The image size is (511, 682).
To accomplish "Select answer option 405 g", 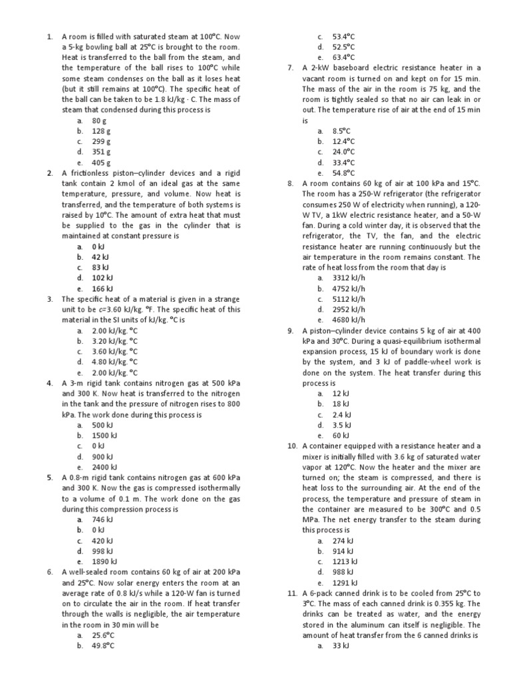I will tap(101, 162).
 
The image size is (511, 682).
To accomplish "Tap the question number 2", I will tap(50, 172).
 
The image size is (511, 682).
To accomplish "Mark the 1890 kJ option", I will tap(104, 561).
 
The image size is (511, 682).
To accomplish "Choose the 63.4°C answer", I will tap(343, 58).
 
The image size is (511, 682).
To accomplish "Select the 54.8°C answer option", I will tap(343, 172).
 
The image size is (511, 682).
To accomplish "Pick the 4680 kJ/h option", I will tap(349, 320).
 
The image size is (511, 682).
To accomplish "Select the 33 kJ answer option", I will tap(341, 646).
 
